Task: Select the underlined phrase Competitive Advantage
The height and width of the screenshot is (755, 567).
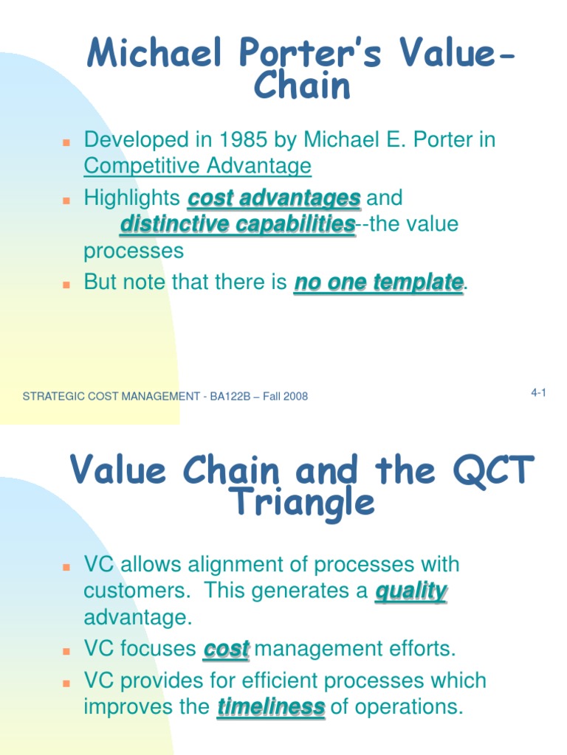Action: [197, 167]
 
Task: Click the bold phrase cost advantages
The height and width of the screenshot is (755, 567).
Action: [274, 198]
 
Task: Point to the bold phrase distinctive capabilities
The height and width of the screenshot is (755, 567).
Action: [236, 224]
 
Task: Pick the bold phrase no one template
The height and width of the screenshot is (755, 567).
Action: [379, 282]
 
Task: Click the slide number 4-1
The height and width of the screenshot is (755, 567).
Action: [538, 393]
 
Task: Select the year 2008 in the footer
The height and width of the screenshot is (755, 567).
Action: [295, 397]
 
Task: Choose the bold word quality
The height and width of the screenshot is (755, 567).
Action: [410, 591]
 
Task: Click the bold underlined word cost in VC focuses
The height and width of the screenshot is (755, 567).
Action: [226, 650]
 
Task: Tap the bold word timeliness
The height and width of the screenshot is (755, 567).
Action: [271, 707]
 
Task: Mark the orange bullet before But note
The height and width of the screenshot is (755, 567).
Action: [66, 283]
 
